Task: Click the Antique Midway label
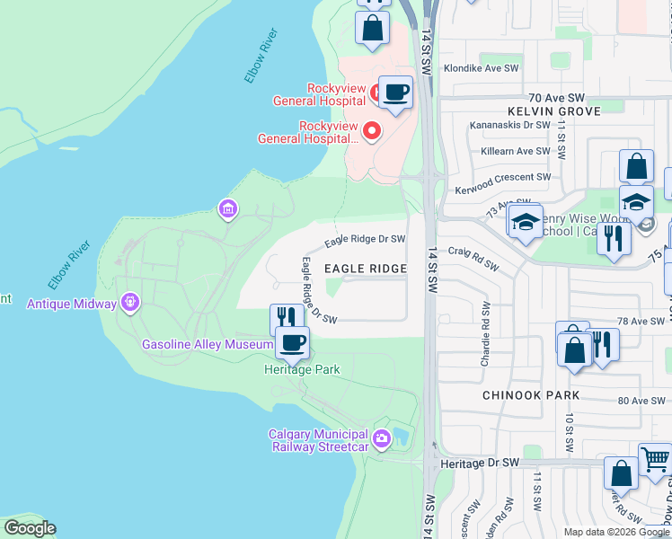click(72, 304)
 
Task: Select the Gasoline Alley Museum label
click(208, 345)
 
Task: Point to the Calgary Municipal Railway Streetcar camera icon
click(382, 439)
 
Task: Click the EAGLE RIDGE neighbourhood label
click(365, 269)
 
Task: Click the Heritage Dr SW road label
click(482, 463)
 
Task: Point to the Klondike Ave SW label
click(486, 68)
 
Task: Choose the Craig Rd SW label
click(473, 257)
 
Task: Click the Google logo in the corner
click(30, 528)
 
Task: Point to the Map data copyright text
click(616, 532)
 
